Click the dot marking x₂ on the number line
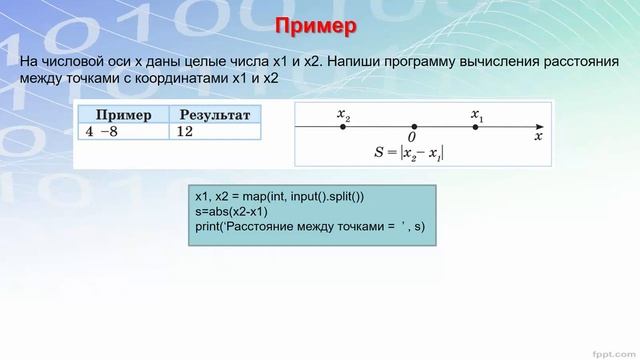[x=344, y=127]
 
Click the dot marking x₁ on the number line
[x=475, y=127]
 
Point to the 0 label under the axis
[x=412, y=137]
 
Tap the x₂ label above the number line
[x=344, y=114]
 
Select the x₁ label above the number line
[x=476, y=114]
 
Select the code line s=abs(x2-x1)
[x=233, y=212]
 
